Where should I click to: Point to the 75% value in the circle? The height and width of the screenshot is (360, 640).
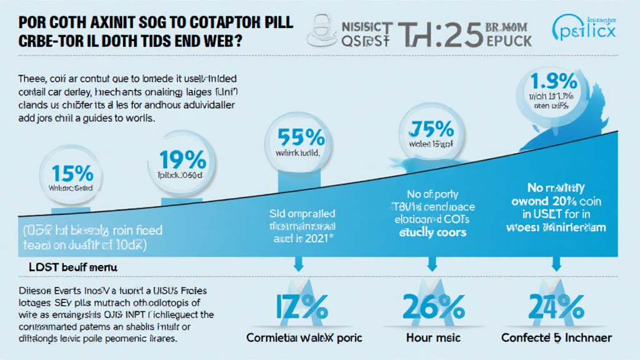pyautogui.click(x=431, y=130)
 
